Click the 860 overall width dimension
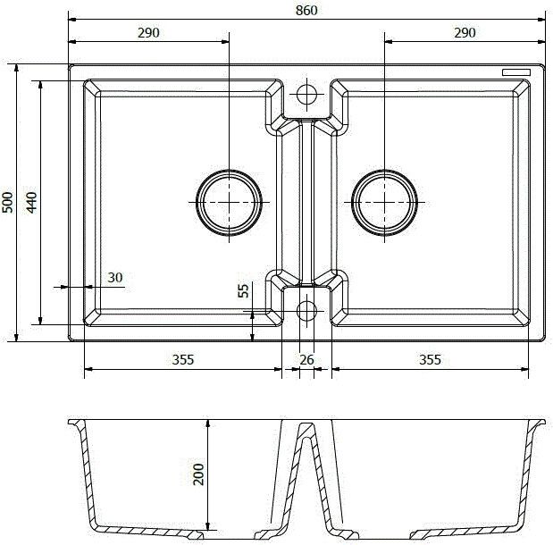(x=306, y=9)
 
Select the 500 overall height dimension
(x=7, y=203)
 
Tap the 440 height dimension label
(x=31, y=203)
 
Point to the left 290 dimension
(x=148, y=32)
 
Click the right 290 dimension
(x=465, y=32)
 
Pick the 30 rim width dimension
(x=114, y=277)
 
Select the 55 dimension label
(x=242, y=291)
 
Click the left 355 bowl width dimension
(x=182, y=360)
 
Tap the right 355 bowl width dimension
(x=430, y=360)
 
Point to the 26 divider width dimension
(x=306, y=360)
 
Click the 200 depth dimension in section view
(x=198, y=474)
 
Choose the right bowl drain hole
(x=385, y=202)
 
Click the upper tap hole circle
(x=306, y=93)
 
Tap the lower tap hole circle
(x=306, y=311)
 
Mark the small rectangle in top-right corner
(x=515, y=71)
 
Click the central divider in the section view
(x=306, y=474)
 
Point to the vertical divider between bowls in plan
(x=306, y=202)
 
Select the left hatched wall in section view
(x=81, y=474)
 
